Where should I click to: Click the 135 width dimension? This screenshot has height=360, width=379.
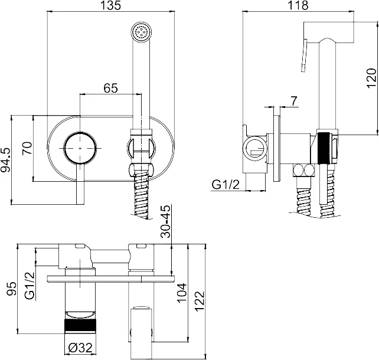110,5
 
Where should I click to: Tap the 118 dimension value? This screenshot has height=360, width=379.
298,5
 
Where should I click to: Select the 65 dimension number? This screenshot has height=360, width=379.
111,88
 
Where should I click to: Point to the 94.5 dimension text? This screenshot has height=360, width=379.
6,160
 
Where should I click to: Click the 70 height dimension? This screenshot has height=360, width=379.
27,148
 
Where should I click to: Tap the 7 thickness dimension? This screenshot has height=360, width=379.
293,101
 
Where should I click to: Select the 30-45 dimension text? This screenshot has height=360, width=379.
166,221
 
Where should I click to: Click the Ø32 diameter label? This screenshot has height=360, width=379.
80,348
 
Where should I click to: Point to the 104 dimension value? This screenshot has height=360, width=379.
182,293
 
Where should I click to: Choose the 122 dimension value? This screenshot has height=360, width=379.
200,302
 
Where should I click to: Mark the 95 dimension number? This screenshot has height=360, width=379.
12,289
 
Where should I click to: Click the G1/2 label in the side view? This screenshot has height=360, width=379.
226,185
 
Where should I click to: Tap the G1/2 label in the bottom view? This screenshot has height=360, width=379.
30,286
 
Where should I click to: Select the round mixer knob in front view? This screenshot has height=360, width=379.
80,148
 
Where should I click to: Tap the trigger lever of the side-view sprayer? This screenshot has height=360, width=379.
304,56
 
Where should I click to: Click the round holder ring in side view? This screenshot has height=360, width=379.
255,149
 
